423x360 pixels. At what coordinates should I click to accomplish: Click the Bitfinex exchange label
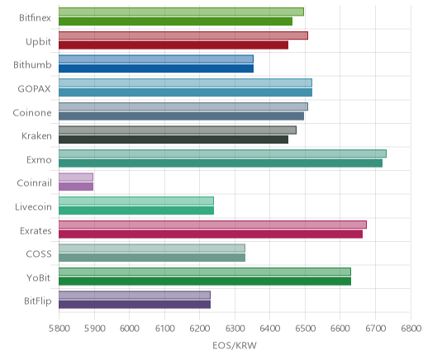[x=35, y=17]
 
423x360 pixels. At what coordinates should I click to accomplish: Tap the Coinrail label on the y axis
[x=34, y=183]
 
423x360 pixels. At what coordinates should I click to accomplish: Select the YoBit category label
[x=38, y=277]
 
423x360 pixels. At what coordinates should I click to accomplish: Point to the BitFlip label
[x=38, y=301]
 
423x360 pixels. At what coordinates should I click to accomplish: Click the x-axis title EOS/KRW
[x=235, y=346]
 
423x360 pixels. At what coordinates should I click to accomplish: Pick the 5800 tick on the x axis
[x=59, y=329]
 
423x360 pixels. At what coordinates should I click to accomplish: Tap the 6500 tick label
[x=305, y=329]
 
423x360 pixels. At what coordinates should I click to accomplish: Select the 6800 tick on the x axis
[x=411, y=329]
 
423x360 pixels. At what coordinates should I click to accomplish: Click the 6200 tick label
[x=200, y=329]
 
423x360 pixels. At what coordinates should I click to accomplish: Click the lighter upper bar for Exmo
[x=222, y=154]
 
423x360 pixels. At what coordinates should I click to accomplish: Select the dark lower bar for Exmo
[x=221, y=163]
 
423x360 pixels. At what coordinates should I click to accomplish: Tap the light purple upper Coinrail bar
[x=76, y=178]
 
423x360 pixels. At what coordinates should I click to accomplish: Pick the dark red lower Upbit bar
[x=173, y=45]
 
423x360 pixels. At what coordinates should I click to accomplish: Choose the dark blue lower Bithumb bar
[x=156, y=69]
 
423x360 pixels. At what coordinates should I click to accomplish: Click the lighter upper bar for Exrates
[x=212, y=225]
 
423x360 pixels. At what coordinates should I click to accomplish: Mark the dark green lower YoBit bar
[x=205, y=282]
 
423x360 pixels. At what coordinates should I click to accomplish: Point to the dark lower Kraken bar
[x=173, y=140]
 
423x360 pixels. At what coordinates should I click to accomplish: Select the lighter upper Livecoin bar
[x=136, y=201]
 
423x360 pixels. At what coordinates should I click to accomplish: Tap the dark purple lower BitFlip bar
[x=135, y=305]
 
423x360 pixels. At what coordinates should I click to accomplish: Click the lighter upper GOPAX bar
[x=185, y=83]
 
